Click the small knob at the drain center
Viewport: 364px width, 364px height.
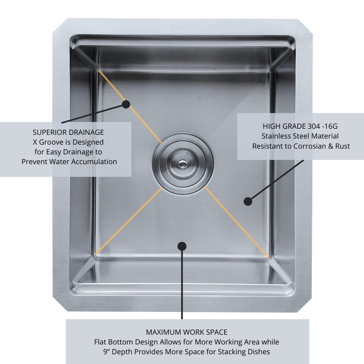point(183,164)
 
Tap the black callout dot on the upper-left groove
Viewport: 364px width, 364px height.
point(126,104)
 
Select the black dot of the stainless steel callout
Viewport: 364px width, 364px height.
point(248,201)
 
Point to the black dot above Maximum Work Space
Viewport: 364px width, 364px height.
point(182,246)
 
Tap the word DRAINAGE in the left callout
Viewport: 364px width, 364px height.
point(86,132)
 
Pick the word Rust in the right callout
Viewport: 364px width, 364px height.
point(342,146)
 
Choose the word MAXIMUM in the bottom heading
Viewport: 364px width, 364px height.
point(160,332)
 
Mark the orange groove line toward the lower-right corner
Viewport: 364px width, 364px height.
point(237,222)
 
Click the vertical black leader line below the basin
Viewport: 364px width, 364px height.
point(182,283)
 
